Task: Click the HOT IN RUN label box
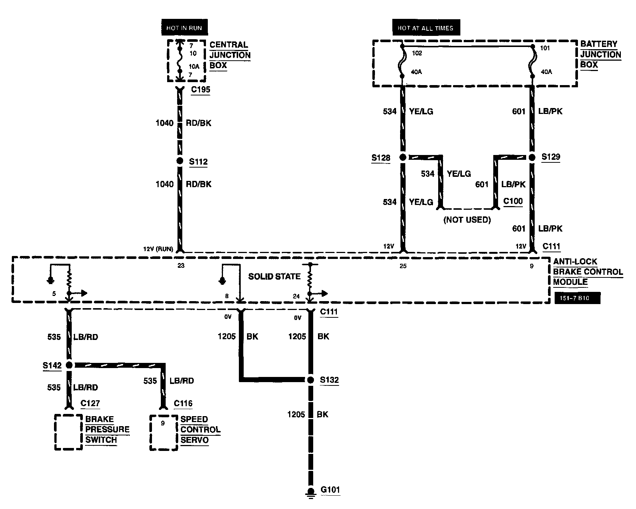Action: point(184,28)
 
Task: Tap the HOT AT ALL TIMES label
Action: point(425,28)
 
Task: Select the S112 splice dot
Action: point(180,161)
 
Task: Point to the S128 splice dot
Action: point(403,157)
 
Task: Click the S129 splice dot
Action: point(532,157)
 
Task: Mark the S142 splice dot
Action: point(69,365)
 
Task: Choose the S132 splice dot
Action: point(311,380)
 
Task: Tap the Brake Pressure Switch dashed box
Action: point(68,432)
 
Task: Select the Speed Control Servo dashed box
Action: point(163,432)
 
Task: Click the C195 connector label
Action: point(200,90)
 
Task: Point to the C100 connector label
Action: point(513,202)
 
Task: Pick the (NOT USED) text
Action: point(467,220)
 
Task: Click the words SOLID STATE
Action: point(274,276)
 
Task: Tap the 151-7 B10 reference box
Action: point(577,298)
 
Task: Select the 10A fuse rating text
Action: point(194,67)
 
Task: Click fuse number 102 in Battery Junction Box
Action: point(417,53)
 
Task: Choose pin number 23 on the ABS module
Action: point(181,265)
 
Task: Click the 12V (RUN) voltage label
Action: point(158,249)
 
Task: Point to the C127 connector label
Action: point(90,403)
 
